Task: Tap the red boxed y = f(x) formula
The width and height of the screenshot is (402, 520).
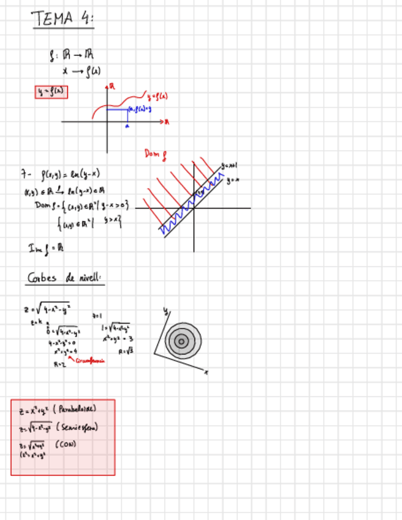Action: tap(51, 92)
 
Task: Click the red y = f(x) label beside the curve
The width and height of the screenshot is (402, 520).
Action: tap(158, 96)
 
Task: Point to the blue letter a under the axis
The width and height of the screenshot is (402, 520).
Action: tap(127, 126)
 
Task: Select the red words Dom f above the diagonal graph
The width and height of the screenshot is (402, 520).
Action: tap(156, 153)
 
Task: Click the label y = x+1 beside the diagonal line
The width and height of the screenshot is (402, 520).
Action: tap(228, 166)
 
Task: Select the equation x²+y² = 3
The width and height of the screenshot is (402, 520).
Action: tap(119, 338)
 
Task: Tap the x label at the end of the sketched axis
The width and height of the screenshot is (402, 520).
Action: tap(207, 372)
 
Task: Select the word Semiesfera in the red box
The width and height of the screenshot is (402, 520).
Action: tap(78, 427)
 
